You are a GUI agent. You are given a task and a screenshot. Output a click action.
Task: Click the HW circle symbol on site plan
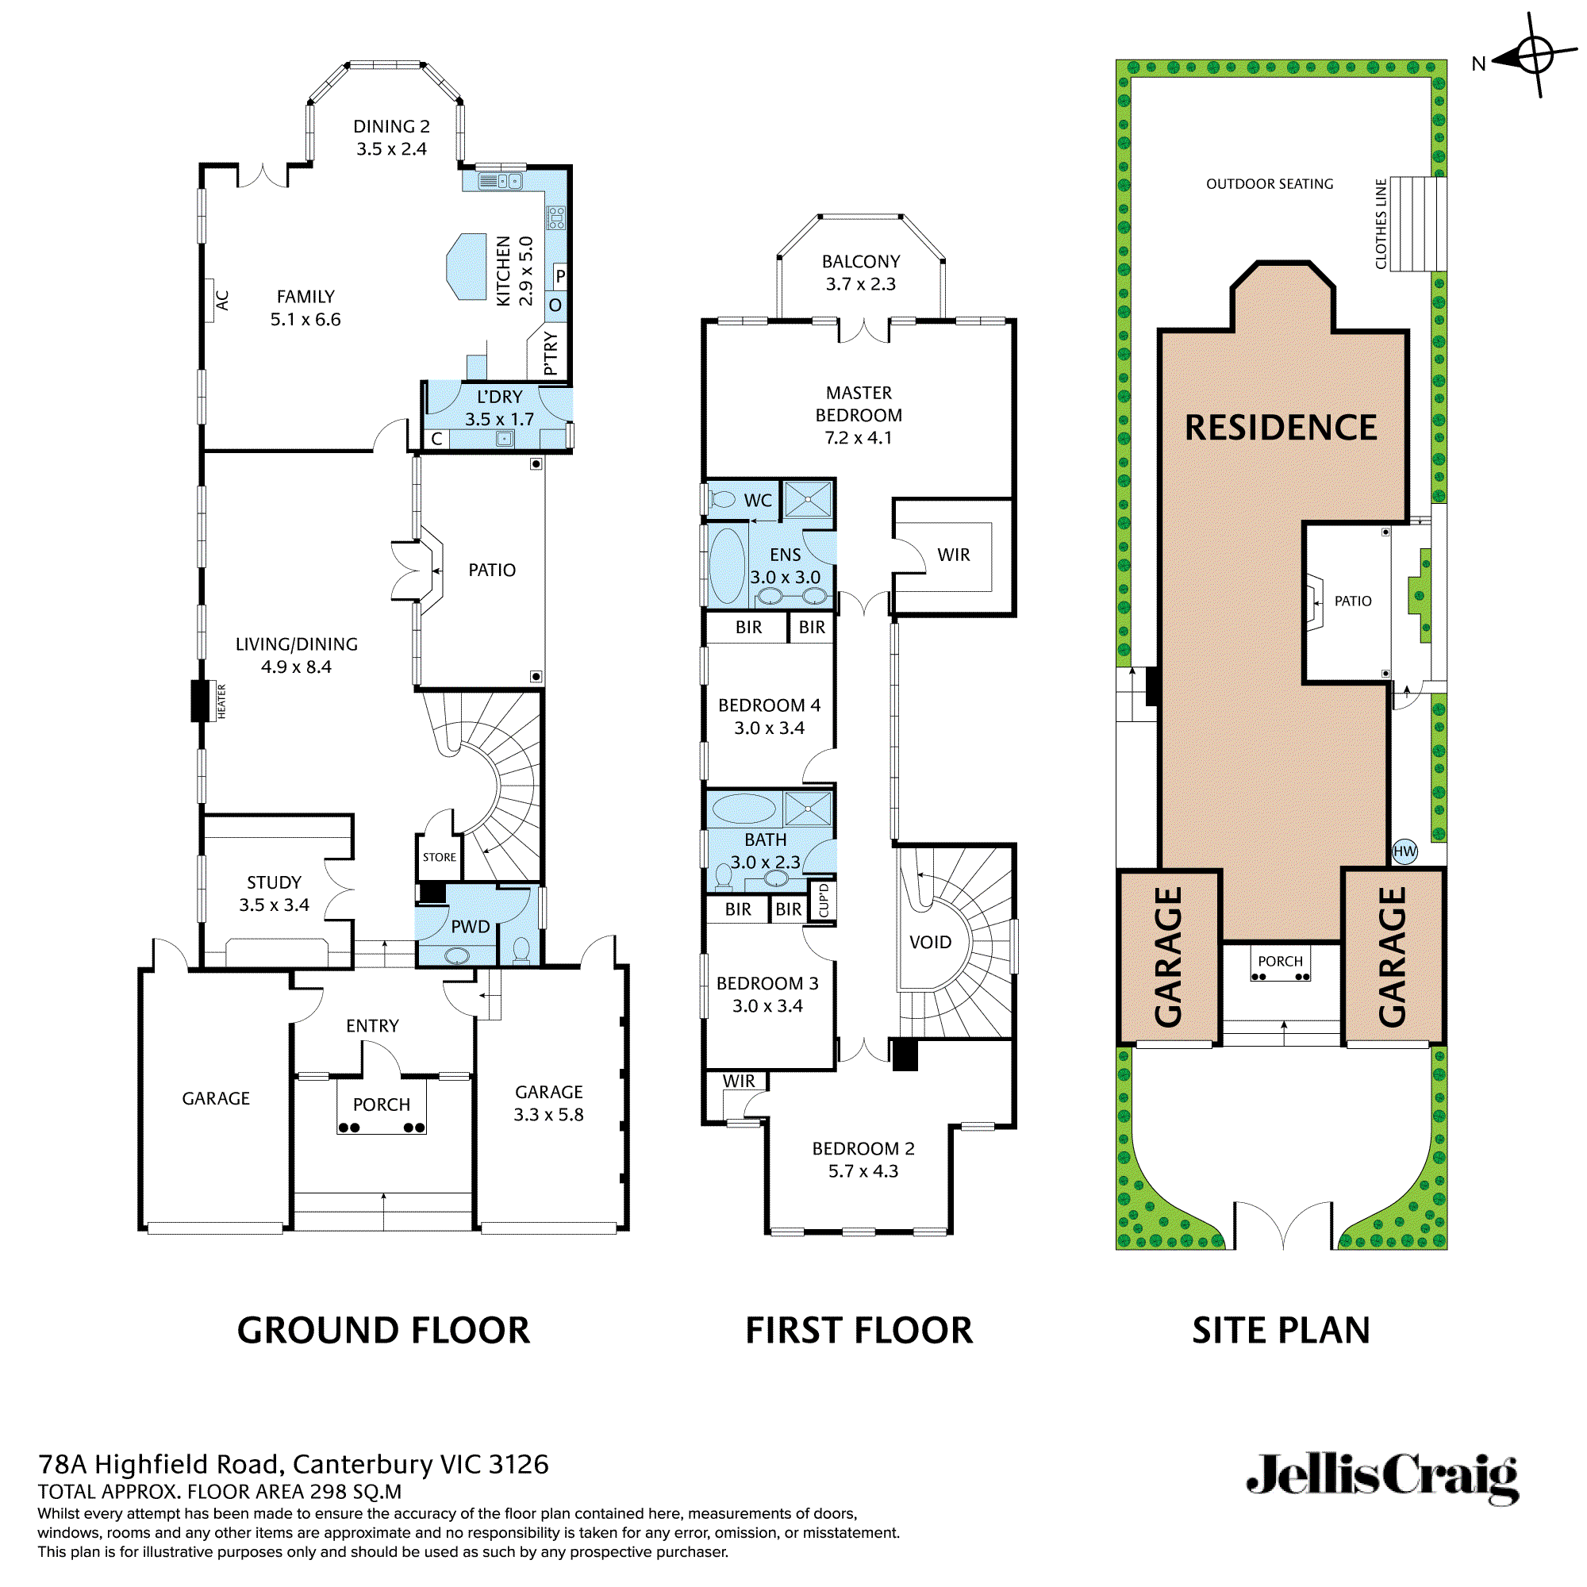coord(1404,851)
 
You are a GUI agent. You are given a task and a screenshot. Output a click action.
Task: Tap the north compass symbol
coord(1533,56)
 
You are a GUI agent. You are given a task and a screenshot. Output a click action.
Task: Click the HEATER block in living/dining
coord(201,701)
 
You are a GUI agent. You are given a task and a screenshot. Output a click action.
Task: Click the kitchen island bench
coord(467,267)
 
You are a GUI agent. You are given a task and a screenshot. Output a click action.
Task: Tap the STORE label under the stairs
coord(440,857)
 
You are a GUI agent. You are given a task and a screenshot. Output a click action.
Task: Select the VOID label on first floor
coord(930,942)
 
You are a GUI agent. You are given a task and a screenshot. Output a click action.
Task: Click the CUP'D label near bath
coord(824,901)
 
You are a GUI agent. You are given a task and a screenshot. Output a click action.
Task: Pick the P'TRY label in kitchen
coord(551,354)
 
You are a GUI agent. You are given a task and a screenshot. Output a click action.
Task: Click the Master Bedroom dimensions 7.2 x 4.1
coord(859,438)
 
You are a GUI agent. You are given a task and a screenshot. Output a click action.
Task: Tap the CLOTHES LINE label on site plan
coord(1381,225)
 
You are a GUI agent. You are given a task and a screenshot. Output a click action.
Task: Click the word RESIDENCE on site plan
coord(1280,427)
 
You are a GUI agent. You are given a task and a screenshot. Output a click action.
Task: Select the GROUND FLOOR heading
coord(383,1330)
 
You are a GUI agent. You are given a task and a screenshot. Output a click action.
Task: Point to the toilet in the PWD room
coord(521,951)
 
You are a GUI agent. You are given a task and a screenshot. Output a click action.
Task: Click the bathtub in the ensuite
coord(726,566)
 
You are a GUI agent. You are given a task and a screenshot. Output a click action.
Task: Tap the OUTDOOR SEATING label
coord(1269,184)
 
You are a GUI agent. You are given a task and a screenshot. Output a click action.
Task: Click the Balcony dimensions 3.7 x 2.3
coord(860,284)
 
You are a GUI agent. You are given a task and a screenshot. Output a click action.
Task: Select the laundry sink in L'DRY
coord(505,440)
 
